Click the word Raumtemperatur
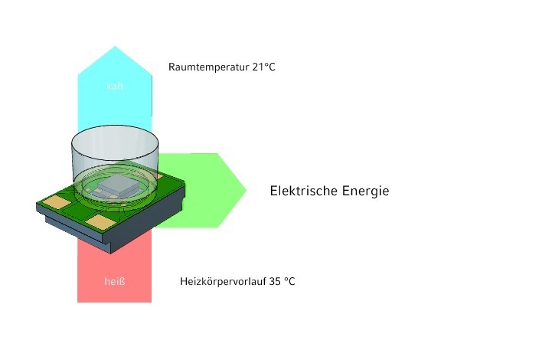pyautogui.click(x=209, y=67)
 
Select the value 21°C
pyautogui.click(x=264, y=67)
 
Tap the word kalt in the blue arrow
pyautogui.click(x=115, y=86)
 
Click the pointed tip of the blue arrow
pyautogui.click(x=115, y=46)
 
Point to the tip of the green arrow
pyautogui.click(x=246, y=190)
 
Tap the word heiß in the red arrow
pyautogui.click(x=115, y=281)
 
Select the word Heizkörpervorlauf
pyautogui.click(x=223, y=281)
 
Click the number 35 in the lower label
pyautogui.click(x=275, y=281)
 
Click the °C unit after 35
pyautogui.click(x=289, y=281)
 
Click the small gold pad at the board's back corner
pyautogui.click(x=159, y=175)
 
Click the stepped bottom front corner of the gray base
pyautogui.click(x=110, y=250)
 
